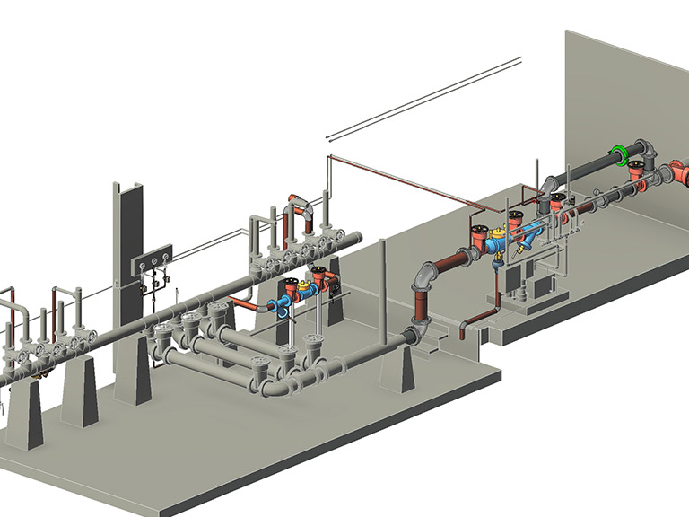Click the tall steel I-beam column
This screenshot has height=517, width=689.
[x=126, y=269]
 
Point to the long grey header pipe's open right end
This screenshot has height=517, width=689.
[x=357, y=237]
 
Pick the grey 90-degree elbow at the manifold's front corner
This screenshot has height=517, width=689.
[x=278, y=386]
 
